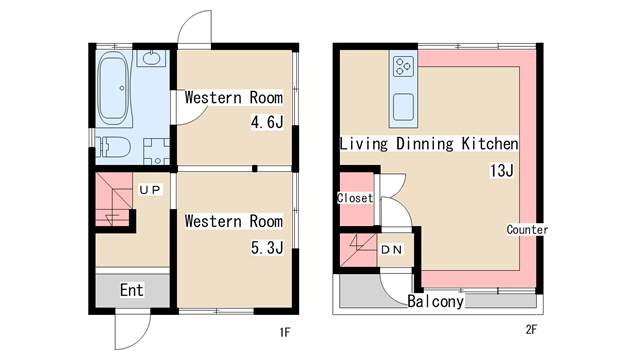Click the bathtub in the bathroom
[114, 88]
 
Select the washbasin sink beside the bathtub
[151, 58]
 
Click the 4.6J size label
[267, 122]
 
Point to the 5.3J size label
[267, 247]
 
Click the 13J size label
[502, 170]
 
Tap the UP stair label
[150, 190]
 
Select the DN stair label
[391, 249]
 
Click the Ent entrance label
[131, 290]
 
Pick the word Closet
[355, 198]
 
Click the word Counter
[527, 229]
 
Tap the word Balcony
[436, 301]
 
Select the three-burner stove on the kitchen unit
[403, 67]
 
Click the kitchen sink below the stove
[403, 107]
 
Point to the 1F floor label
[285, 332]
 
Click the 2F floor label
[531, 329]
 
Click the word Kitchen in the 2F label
[490, 144]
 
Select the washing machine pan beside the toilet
[157, 151]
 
